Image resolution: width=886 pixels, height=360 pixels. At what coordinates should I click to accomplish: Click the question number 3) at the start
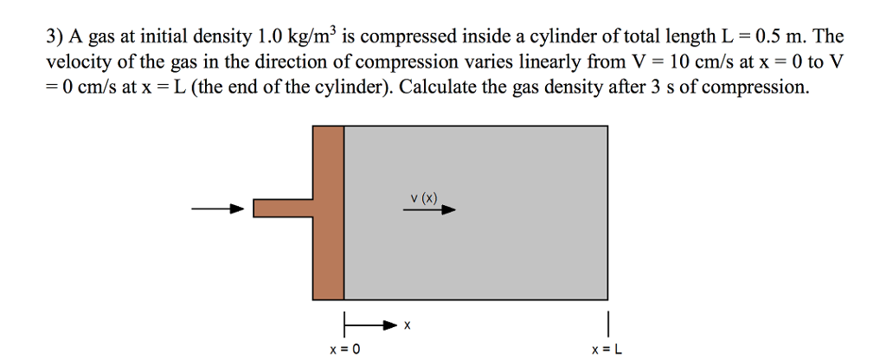pyautogui.click(x=54, y=37)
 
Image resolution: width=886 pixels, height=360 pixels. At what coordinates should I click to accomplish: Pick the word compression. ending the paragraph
pyautogui.click(x=758, y=87)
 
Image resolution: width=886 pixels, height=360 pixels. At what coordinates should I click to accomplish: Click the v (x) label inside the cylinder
pyautogui.click(x=424, y=198)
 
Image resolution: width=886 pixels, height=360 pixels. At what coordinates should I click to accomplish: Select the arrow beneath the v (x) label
pyautogui.click(x=432, y=209)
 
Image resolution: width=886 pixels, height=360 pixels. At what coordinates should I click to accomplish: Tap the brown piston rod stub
pyautogui.click(x=282, y=209)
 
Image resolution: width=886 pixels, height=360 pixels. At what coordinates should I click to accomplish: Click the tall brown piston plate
pyautogui.click(x=329, y=211)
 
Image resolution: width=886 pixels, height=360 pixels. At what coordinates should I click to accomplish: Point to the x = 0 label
pyautogui.click(x=344, y=348)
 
